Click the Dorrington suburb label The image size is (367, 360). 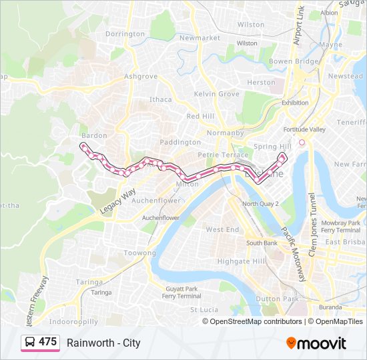point(125,34)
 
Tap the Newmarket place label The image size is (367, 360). point(200,38)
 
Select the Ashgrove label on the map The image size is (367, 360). point(140,77)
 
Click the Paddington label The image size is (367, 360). point(180,142)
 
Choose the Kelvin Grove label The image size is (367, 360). point(216,94)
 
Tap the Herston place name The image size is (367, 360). point(261,83)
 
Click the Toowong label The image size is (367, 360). point(140,253)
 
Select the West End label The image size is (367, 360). point(222,229)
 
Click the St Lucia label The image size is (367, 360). point(204,310)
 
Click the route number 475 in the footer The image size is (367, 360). point(47,342)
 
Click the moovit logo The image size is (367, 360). point(316,343)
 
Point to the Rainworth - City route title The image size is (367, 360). point(103,343)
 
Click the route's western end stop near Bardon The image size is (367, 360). point(83,145)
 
